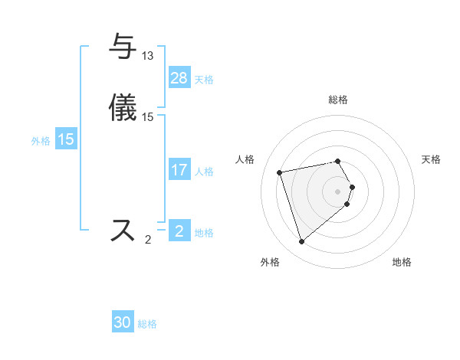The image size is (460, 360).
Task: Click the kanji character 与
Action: [x=123, y=47]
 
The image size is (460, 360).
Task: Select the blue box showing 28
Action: [x=179, y=78]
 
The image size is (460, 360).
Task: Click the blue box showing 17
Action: [x=179, y=170]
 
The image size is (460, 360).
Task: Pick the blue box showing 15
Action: [x=66, y=139]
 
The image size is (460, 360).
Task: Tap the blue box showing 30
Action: [x=123, y=322]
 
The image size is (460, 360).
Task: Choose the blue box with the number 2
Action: [x=179, y=231]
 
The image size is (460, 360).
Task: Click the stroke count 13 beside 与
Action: [x=148, y=56]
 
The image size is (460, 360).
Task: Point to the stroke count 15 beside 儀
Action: [x=148, y=117]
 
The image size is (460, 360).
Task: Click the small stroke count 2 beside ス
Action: [x=148, y=240]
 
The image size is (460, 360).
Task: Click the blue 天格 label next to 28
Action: [x=204, y=80]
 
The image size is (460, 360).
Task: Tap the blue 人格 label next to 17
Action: [x=204, y=172]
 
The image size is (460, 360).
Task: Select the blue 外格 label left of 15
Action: [x=41, y=141]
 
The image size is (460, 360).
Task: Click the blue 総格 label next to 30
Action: [x=147, y=324]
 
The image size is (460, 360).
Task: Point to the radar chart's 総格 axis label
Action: [x=338, y=100]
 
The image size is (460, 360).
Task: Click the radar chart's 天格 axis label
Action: [x=432, y=159]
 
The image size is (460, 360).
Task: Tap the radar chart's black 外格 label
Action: [x=270, y=263]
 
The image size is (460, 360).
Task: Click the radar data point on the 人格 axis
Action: [x=280, y=172]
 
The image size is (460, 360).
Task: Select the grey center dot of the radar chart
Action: [x=338, y=191]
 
